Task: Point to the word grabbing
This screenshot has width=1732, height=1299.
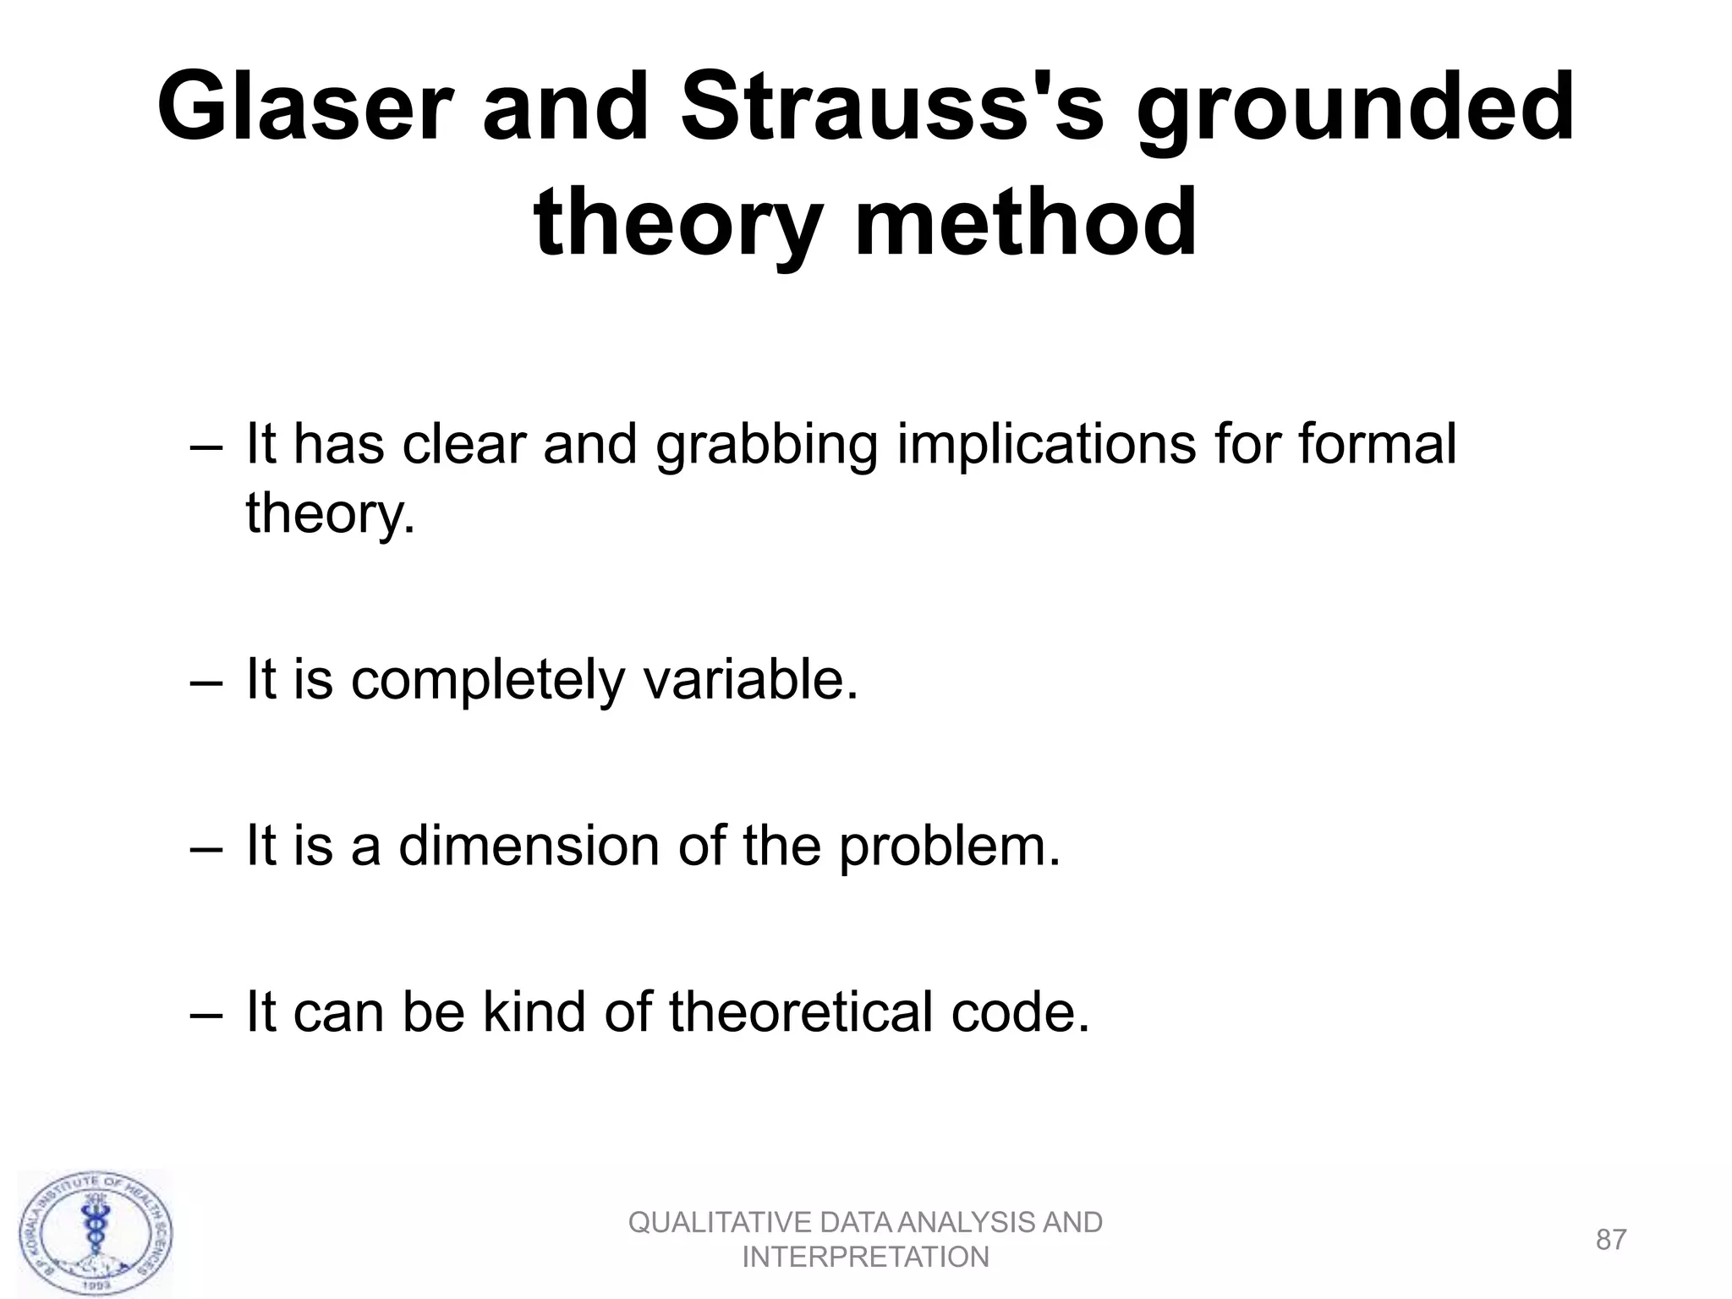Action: (766, 446)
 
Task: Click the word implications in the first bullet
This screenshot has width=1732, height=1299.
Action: (1046, 446)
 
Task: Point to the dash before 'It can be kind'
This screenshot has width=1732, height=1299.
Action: (205, 1013)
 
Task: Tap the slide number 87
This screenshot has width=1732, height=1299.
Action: (1610, 1240)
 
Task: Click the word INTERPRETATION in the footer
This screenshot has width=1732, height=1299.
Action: (865, 1258)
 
